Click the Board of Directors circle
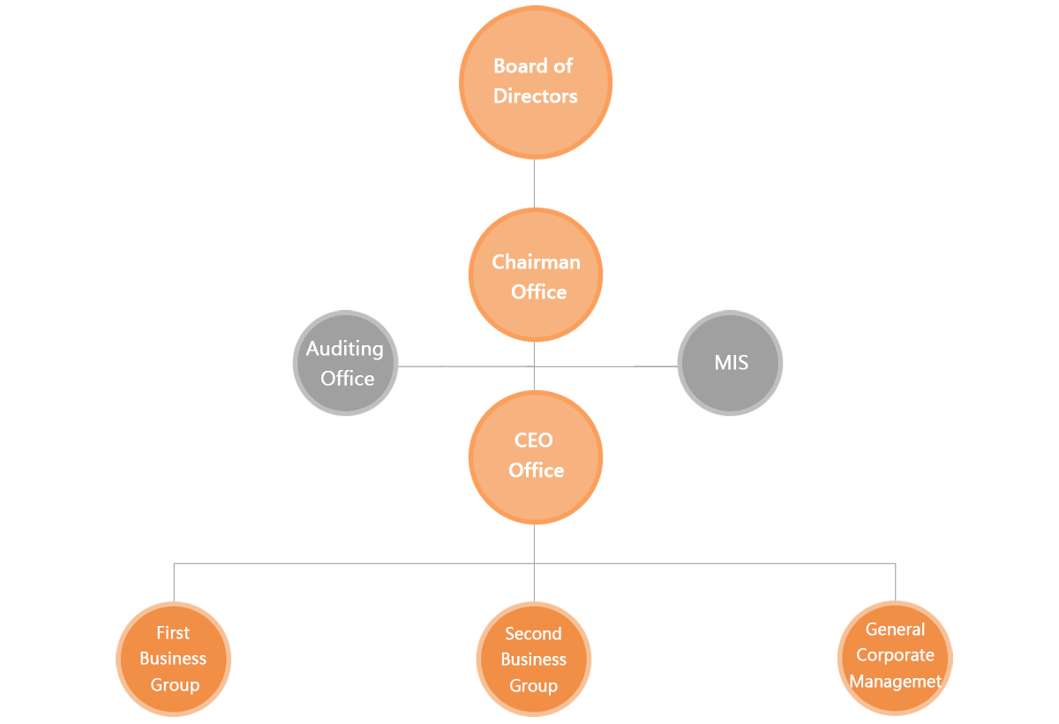click(535, 81)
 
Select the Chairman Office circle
click(536, 276)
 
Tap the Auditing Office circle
click(345, 363)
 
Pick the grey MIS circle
click(730, 363)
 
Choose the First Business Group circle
click(175, 659)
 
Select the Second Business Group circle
click(533, 660)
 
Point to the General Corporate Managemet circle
click(895, 656)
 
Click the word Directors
click(535, 96)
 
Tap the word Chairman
click(536, 262)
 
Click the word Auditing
click(345, 349)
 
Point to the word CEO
click(533, 441)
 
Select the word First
click(173, 633)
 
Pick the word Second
click(533, 634)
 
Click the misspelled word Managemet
click(895, 682)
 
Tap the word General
click(895, 630)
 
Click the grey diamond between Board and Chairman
click(533, 185)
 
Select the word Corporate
click(895, 655)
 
